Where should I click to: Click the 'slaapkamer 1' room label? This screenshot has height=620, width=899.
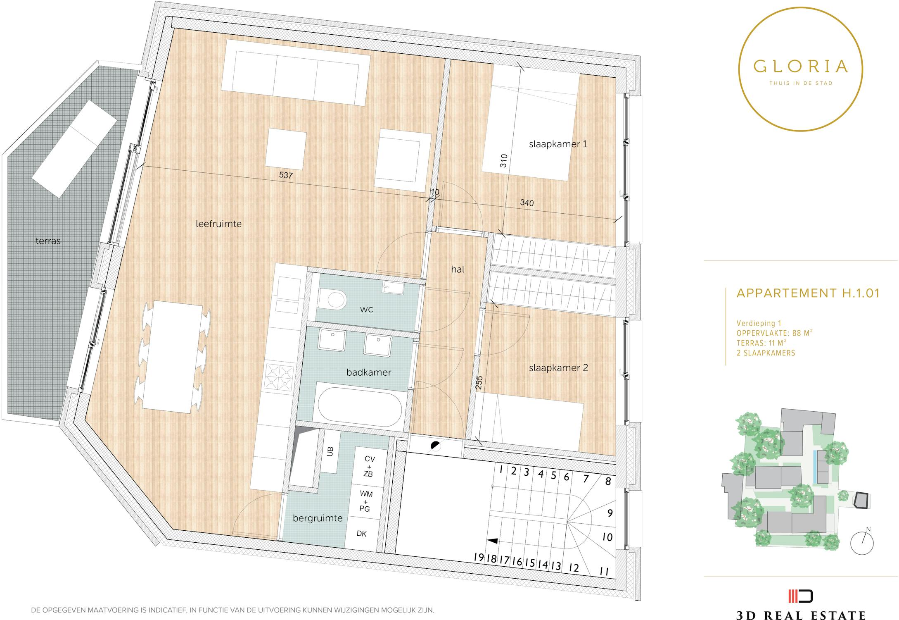pos(557,144)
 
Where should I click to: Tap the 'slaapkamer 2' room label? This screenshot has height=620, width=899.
pos(558,368)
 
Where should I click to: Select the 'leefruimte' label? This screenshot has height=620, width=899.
pos(218,224)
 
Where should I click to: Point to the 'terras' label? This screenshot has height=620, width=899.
pos(48,241)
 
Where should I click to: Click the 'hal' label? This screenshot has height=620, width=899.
pos(458,269)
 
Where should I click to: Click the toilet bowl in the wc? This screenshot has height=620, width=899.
pos(332,299)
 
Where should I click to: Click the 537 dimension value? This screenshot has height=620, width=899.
pos(286,175)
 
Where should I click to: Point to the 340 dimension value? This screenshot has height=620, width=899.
pos(527,203)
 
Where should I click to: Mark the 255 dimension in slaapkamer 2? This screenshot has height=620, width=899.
pos(479,383)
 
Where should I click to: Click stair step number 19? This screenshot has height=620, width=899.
pos(479,557)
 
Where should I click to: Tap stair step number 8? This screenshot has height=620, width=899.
pos(608,481)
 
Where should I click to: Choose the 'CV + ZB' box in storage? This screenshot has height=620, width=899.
pos(369,467)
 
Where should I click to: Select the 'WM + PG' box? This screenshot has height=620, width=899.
pos(365,501)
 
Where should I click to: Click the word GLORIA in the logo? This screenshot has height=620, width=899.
pos(800,66)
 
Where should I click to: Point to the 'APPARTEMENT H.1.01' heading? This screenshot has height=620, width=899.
pos(808,293)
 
